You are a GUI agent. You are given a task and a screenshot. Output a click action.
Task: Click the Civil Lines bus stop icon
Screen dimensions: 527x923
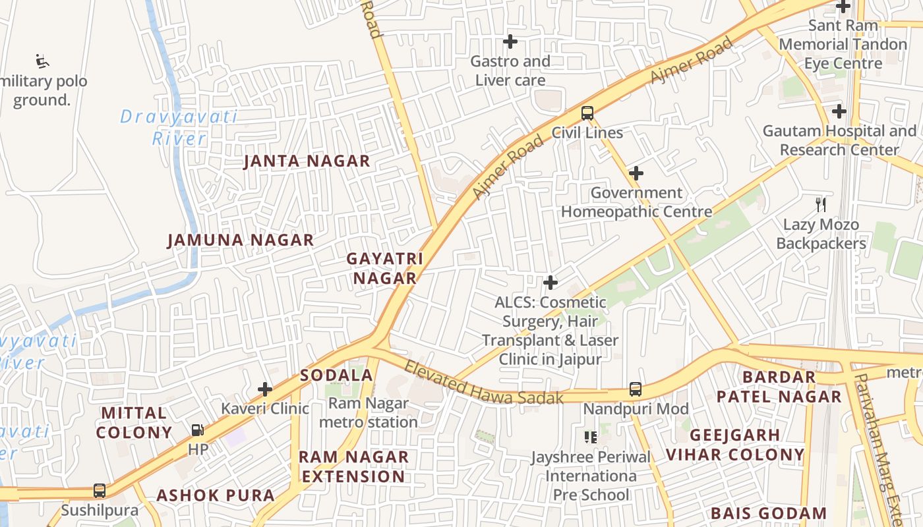tap(587, 113)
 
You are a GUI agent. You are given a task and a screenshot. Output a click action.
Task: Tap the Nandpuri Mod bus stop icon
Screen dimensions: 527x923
tap(635, 389)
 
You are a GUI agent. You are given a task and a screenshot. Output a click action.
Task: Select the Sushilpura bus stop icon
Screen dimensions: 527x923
tap(100, 491)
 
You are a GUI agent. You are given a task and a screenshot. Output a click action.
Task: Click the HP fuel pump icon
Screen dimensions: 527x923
tap(197, 430)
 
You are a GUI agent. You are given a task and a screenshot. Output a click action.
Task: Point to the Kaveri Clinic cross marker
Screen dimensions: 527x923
tap(265, 389)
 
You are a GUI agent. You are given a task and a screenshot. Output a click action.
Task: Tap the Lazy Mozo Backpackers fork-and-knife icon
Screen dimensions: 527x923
tap(821, 205)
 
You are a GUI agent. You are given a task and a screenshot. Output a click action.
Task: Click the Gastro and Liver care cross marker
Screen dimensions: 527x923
tap(510, 42)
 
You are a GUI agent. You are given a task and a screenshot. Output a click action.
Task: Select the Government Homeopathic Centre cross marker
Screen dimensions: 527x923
tap(636, 173)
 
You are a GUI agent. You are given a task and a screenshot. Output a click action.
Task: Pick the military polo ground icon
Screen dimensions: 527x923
tap(43, 62)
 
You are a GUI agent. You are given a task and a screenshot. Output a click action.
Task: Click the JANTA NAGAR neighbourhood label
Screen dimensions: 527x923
tap(307, 161)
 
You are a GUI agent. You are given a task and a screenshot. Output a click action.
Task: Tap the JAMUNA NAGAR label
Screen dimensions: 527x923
tap(241, 240)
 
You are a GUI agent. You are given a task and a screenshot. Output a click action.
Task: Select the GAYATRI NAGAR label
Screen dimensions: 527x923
tap(385, 268)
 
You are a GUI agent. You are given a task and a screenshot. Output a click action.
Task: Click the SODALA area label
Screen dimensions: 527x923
tap(337, 375)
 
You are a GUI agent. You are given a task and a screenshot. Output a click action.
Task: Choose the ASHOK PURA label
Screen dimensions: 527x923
tap(216, 495)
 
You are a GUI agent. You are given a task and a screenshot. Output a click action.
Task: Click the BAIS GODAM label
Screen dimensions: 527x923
tap(769, 513)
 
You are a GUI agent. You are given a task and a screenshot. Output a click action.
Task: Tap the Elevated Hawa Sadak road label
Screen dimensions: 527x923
tap(484, 383)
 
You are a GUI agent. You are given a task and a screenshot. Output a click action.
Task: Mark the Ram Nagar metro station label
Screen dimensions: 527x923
tap(369, 412)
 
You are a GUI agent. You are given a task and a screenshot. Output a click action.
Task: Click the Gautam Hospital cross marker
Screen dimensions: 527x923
tap(839, 111)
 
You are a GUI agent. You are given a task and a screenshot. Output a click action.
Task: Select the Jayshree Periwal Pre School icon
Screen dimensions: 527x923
tap(590, 437)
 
